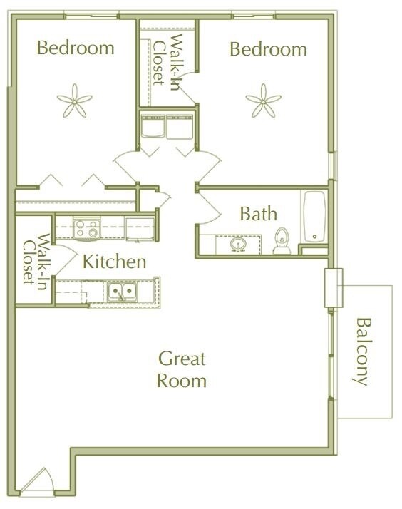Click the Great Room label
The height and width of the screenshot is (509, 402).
(182, 369)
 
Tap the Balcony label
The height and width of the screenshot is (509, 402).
(363, 351)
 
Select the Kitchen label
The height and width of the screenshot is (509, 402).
(115, 262)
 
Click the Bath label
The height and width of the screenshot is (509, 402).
(258, 213)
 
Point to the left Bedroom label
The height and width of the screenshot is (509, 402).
(76, 48)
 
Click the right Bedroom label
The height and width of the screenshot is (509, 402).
(268, 49)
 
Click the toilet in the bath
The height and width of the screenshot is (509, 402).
(282, 241)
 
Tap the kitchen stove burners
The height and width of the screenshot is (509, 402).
(87, 228)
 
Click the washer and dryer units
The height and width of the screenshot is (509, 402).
(167, 128)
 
